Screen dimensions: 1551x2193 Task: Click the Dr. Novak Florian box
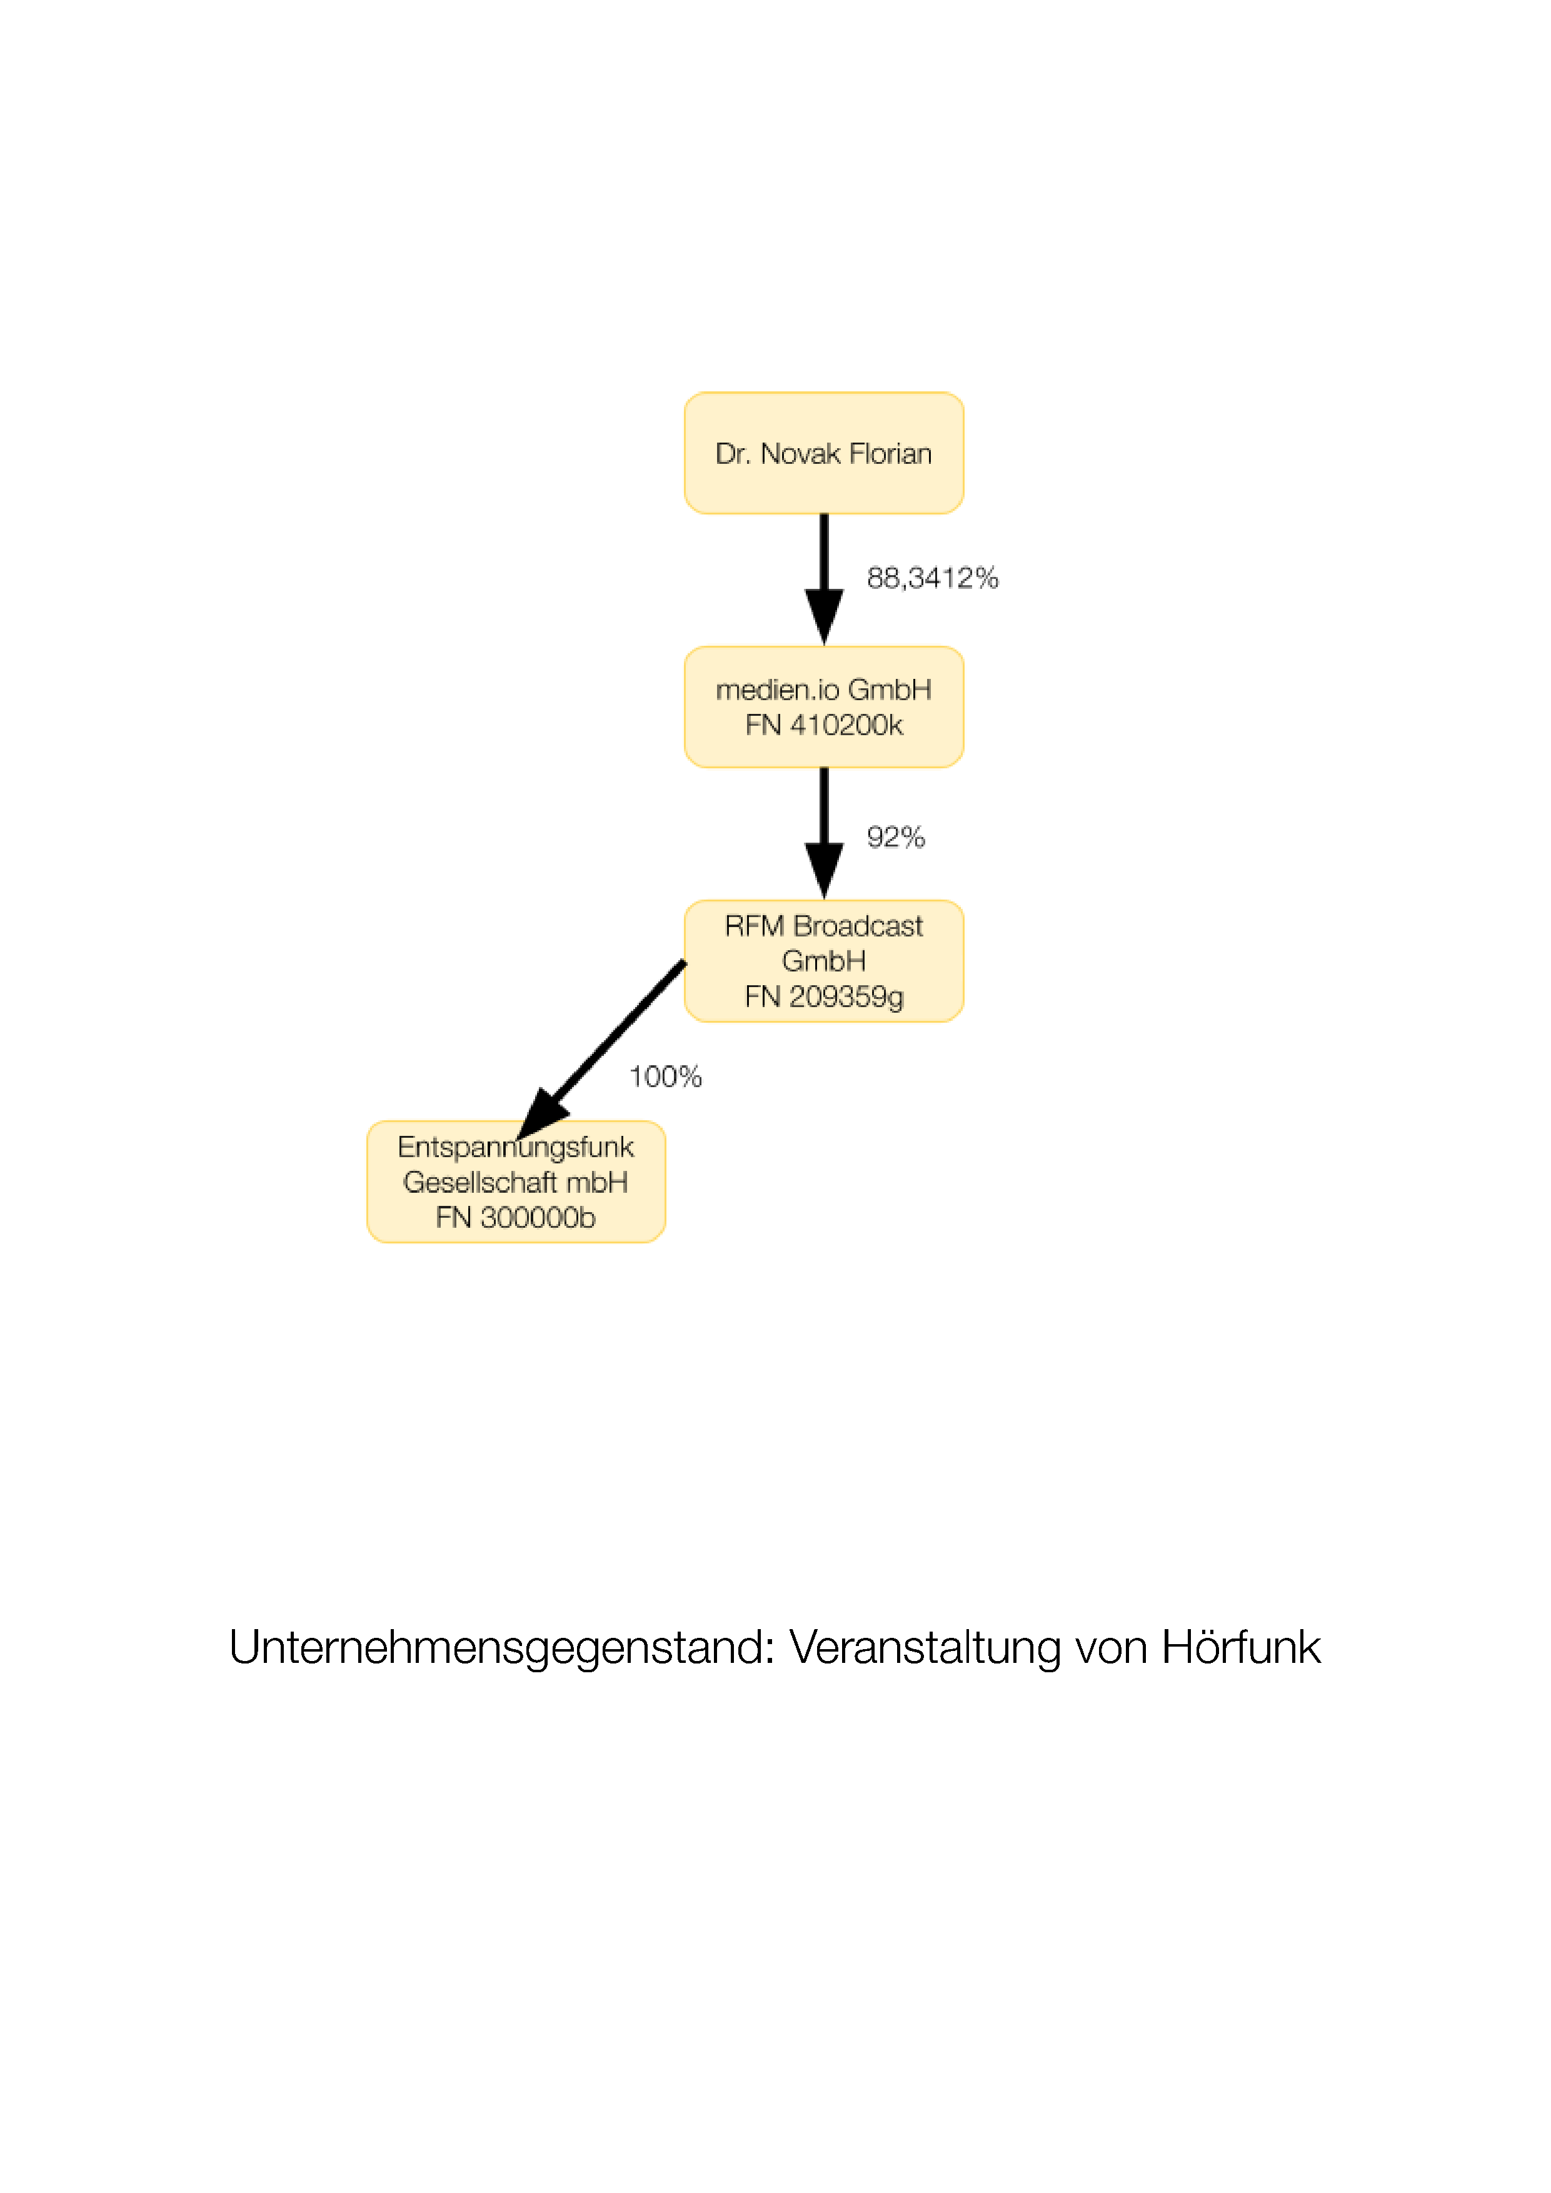point(823,453)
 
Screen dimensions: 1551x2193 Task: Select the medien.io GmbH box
point(823,707)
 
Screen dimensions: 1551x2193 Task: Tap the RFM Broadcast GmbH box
point(823,961)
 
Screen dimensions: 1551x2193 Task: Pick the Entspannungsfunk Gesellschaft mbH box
point(516,1182)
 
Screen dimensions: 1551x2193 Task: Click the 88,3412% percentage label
point(932,578)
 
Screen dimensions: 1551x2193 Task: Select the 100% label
point(666,1076)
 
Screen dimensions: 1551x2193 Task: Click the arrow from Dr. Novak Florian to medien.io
point(823,580)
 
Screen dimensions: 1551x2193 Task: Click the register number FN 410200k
point(824,725)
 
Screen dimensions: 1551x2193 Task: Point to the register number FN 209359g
point(824,997)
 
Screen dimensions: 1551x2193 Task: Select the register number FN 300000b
point(516,1218)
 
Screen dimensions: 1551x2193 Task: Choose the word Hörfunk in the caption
point(1240,1647)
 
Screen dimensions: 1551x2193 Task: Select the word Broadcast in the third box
point(858,926)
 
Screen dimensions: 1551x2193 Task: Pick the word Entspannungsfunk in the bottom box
point(516,1147)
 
